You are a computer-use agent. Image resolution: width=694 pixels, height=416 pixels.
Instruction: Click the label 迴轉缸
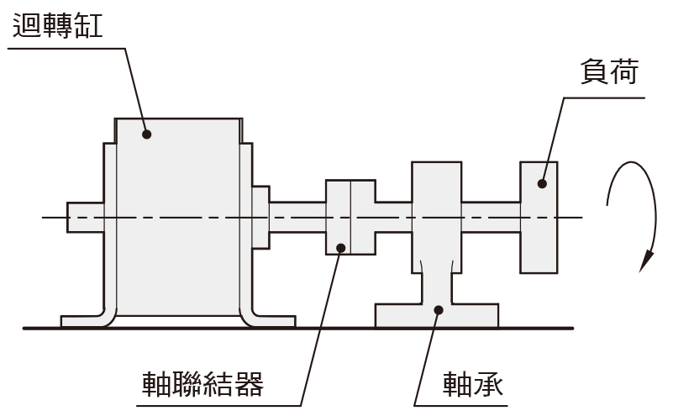click(58, 26)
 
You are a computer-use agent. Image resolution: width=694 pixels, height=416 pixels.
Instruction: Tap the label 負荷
click(609, 71)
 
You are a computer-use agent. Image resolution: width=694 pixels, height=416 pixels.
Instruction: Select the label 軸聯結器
click(202, 384)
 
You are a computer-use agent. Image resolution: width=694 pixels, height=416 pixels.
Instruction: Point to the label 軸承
click(473, 384)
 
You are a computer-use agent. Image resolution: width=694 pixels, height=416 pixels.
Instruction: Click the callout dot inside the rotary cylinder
click(147, 134)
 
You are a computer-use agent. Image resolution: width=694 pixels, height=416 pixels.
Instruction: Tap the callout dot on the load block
click(542, 183)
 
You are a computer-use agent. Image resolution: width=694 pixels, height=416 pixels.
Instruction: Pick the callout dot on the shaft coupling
click(341, 248)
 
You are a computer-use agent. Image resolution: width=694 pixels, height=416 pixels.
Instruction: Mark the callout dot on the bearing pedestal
click(439, 310)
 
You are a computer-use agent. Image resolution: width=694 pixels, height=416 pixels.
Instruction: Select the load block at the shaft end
click(539, 218)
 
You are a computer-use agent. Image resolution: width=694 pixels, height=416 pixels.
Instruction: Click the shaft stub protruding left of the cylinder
click(86, 218)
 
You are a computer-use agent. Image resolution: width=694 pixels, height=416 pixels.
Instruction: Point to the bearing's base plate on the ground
click(437, 315)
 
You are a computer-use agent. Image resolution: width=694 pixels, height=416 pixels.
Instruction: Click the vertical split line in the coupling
click(350, 218)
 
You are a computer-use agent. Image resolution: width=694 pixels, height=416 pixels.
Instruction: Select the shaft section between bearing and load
click(491, 218)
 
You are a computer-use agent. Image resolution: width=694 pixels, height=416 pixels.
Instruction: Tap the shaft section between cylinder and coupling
click(297, 218)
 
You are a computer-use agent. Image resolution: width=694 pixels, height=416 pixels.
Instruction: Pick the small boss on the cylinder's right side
click(260, 218)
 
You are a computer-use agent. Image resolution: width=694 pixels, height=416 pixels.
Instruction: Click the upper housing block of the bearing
click(437, 218)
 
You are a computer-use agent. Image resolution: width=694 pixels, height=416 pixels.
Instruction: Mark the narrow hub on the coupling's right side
click(393, 218)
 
